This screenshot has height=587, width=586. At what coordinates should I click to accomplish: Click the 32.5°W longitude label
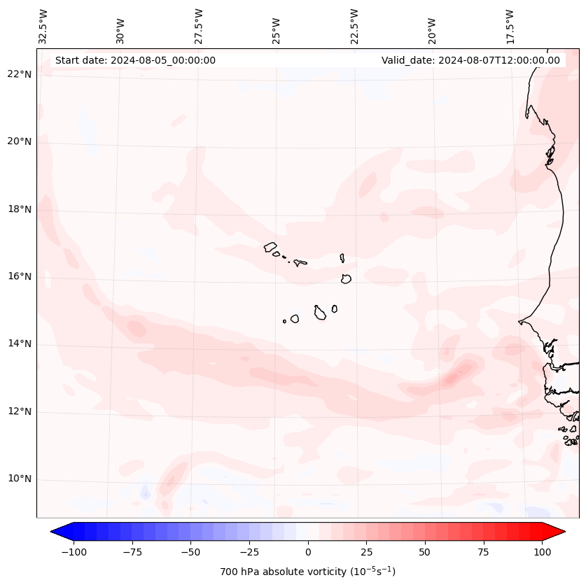(43, 27)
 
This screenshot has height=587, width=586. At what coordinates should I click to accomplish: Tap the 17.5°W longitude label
(510, 27)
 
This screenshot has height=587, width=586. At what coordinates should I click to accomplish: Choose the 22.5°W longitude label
(354, 27)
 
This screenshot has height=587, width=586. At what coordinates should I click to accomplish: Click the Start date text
(135, 60)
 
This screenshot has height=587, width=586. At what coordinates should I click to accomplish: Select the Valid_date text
(470, 60)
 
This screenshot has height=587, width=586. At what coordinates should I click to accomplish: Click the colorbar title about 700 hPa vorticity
(308, 572)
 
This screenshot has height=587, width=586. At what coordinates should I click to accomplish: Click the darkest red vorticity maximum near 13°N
(449, 379)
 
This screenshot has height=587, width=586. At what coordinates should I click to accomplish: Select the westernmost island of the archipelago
(270, 246)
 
